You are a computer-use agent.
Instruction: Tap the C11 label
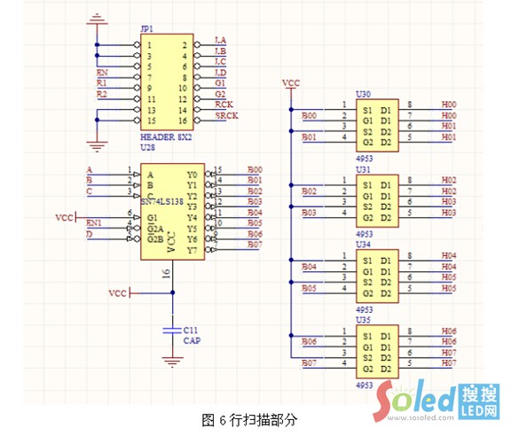(x=190, y=328)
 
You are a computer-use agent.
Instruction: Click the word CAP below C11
(x=191, y=339)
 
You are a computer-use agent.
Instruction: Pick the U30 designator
(x=363, y=94)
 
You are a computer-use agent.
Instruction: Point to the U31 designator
(x=363, y=169)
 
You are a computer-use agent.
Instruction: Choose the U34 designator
(x=363, y=244)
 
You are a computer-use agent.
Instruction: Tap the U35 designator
(x=363, y=318)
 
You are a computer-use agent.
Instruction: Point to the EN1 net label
(x=96, y=222)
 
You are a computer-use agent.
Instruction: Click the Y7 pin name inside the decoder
(x=193, y=251)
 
